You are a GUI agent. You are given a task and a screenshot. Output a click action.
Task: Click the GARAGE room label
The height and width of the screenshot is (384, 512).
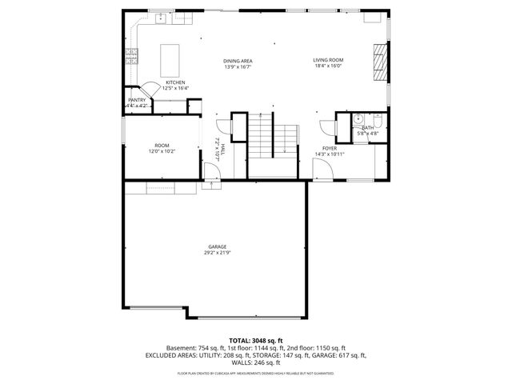pos(217,246)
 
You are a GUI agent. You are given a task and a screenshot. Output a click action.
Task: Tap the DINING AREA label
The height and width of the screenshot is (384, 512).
pos(238,61)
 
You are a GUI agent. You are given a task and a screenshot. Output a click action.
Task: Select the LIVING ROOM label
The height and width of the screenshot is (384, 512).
pos(327,60)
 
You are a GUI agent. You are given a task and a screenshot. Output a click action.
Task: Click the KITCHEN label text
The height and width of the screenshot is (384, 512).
pos(175,82)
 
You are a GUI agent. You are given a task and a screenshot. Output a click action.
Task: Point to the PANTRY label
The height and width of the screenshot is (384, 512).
pos(137,100)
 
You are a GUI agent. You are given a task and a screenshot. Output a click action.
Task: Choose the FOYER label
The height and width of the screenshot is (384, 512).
pos(330,148)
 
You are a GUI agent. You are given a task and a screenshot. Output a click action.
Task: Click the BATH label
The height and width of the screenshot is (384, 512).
pos(367,128)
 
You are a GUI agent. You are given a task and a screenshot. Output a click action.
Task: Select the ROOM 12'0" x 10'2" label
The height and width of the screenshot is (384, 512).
pos(162,146)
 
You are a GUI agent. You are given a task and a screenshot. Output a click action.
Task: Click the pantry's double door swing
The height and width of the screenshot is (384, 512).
pos(149,90)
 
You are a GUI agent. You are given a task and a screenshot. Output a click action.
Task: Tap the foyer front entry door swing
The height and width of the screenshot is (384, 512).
pos(318,167)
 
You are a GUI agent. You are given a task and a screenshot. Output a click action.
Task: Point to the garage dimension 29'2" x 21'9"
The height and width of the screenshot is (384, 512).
pos(217,253)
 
